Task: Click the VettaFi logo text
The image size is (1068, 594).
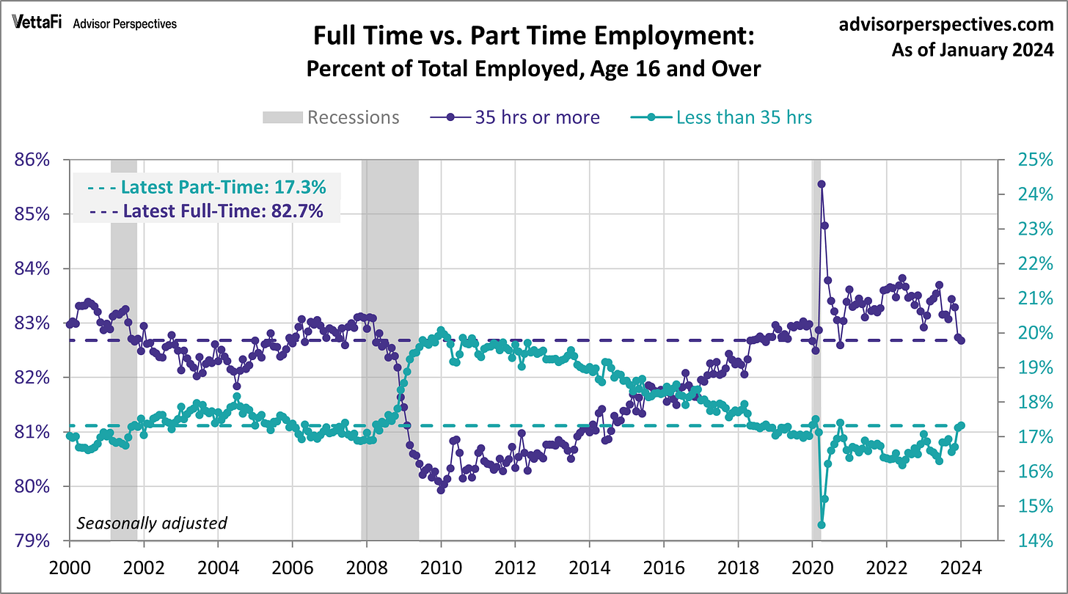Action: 38,23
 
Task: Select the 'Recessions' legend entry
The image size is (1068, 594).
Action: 331,117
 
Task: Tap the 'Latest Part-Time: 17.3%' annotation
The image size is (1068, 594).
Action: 208,187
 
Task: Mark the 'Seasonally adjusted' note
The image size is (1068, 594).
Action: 152,523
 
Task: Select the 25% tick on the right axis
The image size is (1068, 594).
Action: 1032,160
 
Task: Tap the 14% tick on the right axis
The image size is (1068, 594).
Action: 1032,541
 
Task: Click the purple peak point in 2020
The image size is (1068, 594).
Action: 822,184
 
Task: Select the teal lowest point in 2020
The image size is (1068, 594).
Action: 822,524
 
